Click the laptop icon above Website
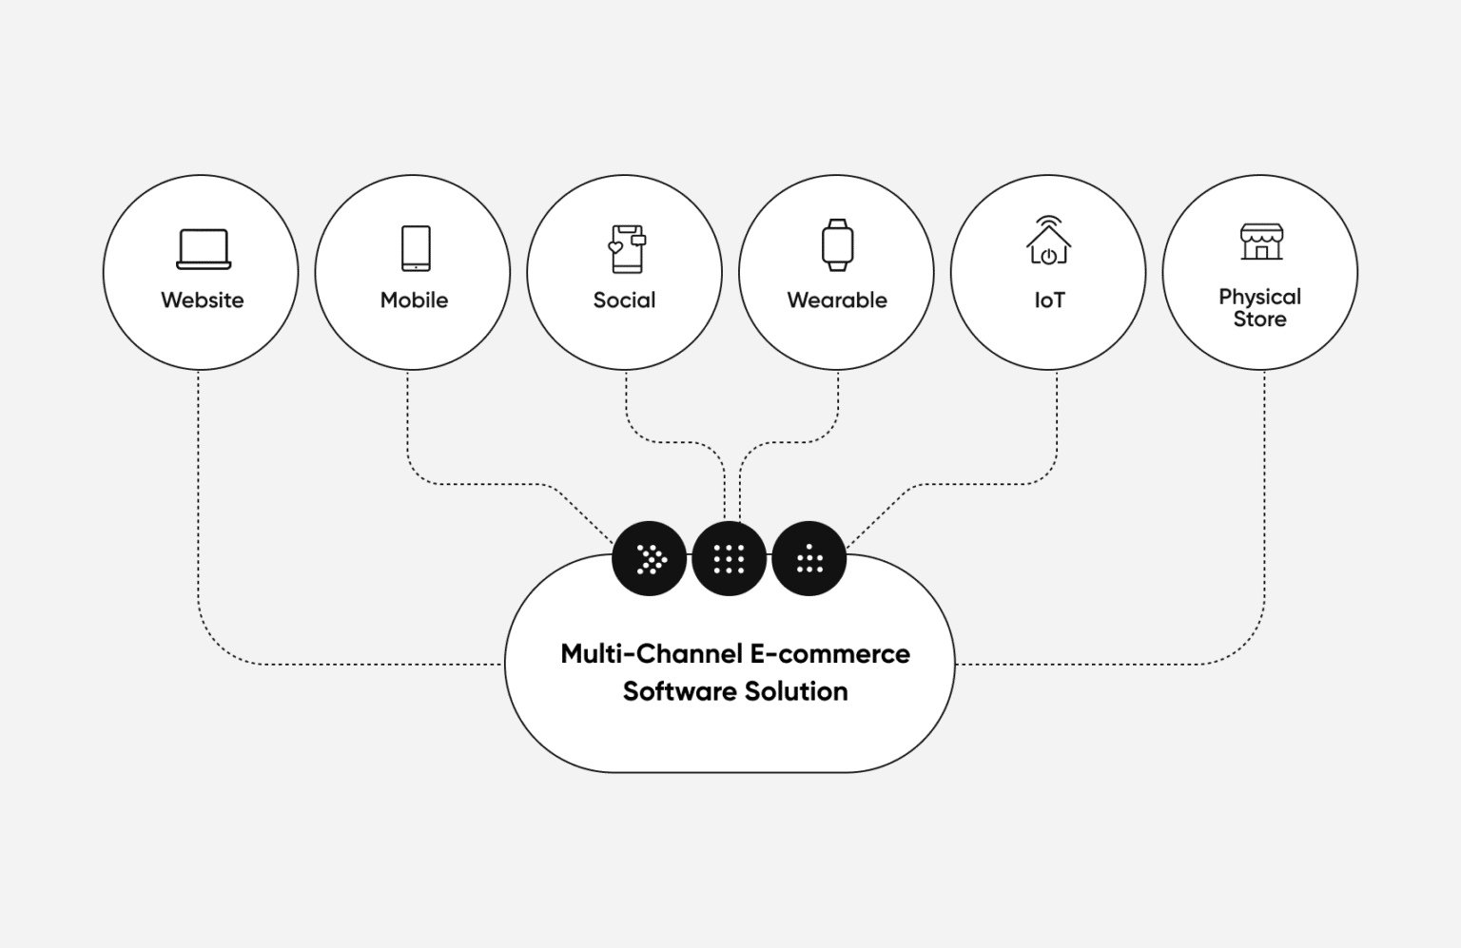point(204,249)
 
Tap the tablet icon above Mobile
point(416,248)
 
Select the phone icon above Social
point(627,248)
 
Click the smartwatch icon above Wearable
point(837,244)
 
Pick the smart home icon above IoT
point(1048,242)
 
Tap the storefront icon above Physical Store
point(1261,242)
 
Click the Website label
point(202,300)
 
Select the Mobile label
point(414,300)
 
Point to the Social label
point(624,300)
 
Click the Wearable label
point(837,300)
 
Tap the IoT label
point(1049,300)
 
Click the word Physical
point(1259,297)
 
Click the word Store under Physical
point(1259,319)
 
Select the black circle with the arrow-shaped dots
point(650,559)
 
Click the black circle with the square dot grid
point(729,559)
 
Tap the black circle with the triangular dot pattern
point(808,559)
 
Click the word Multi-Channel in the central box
point(651,654)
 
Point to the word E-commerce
point(829,654)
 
